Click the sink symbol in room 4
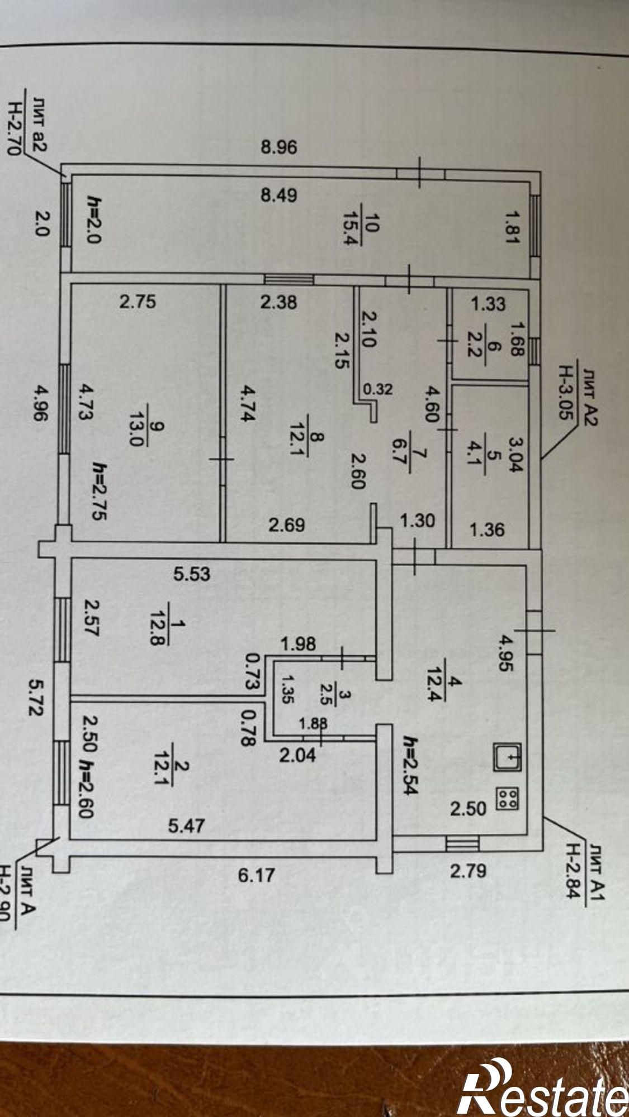click(507, 757)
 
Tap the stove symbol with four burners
click(507, 799)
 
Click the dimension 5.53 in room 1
click(192, 574)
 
